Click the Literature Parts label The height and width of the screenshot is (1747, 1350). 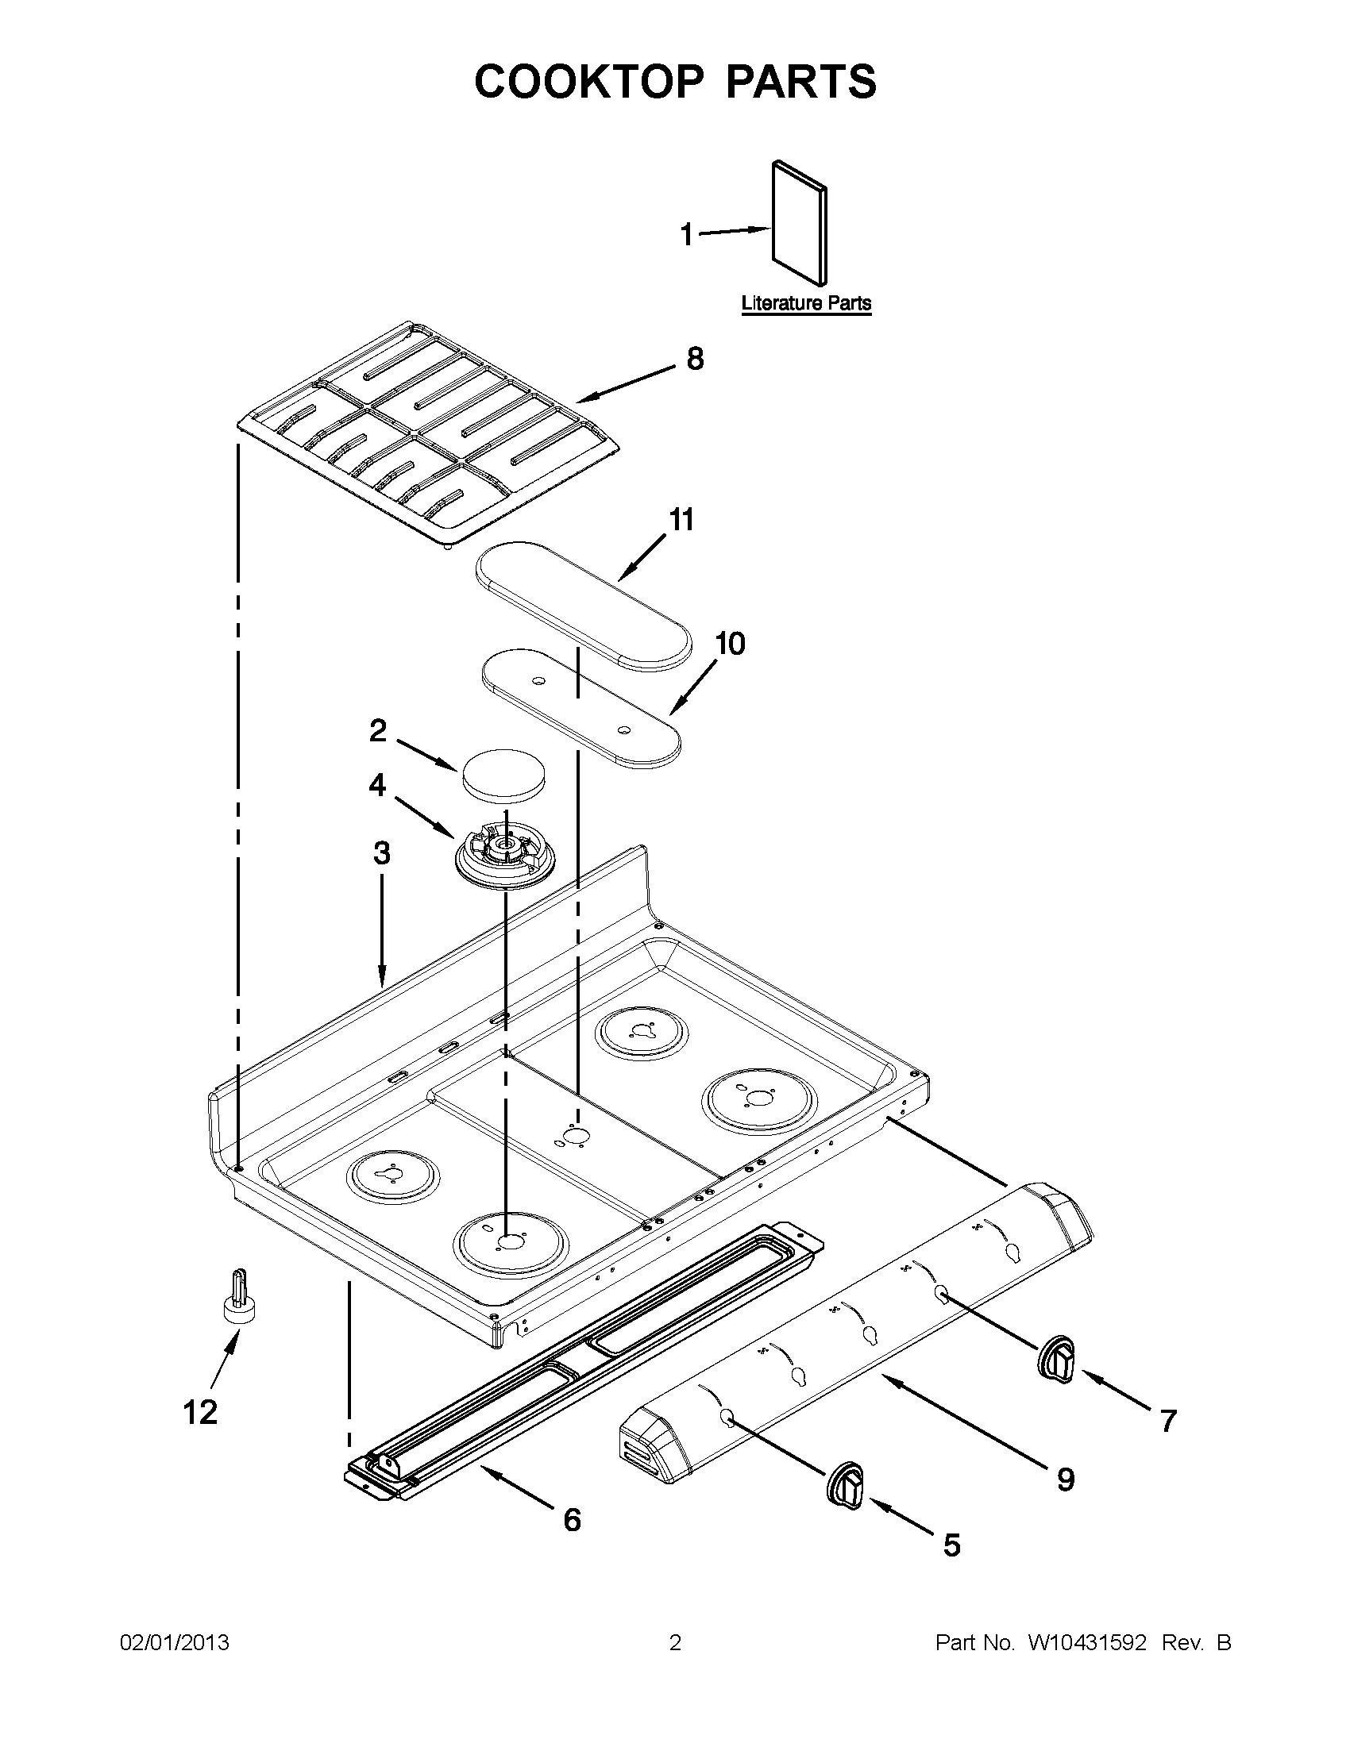(x=806, y=304)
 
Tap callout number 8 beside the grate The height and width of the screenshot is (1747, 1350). (x=695, y=358)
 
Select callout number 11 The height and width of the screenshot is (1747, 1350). (x=681, y=520)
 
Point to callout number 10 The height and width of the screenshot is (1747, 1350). (x=729, y=643)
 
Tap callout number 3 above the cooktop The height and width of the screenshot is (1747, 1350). (x=382, y=853)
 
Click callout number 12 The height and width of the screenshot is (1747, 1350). (x=200, y=1412)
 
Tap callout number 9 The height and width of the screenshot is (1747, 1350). (x=1065, y=1480)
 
